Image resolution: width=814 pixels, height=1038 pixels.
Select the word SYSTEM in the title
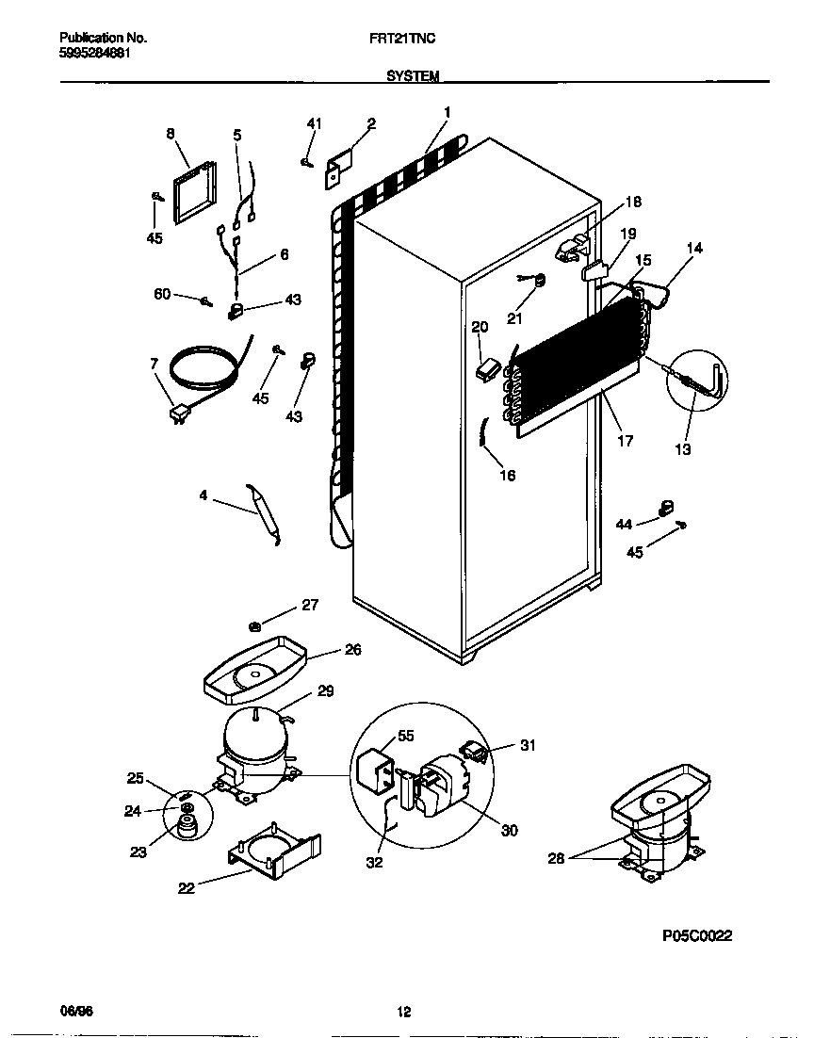pyautogui.click(x=413, y=76)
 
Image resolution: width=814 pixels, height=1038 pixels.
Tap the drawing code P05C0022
pyautogui.click(x=697, y=935)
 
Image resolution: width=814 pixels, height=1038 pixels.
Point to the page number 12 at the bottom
pyautogui.click(x=403, y=1013)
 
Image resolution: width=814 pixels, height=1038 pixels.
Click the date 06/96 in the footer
pyautogui.click(x=76, y=1012)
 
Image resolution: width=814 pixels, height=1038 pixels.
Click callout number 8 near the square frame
pyautogui.click(x=171, y=135)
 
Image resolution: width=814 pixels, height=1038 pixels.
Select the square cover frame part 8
pyautogui.click(x=193, y=193)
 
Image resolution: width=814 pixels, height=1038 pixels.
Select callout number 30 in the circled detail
pyautogui.click(x=509, y=830)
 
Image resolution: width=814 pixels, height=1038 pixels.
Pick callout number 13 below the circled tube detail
pyautogui.click(x=683, y=449)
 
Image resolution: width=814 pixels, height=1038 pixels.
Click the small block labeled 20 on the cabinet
pyautogui.click(x=486, y=368)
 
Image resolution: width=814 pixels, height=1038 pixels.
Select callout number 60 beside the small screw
pyautogui.click(x=162, y=295)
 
